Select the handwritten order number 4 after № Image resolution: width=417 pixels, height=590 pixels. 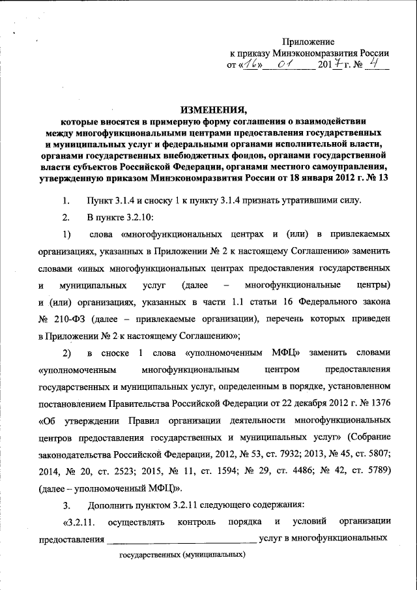375,64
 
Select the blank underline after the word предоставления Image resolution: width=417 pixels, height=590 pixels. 182,540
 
